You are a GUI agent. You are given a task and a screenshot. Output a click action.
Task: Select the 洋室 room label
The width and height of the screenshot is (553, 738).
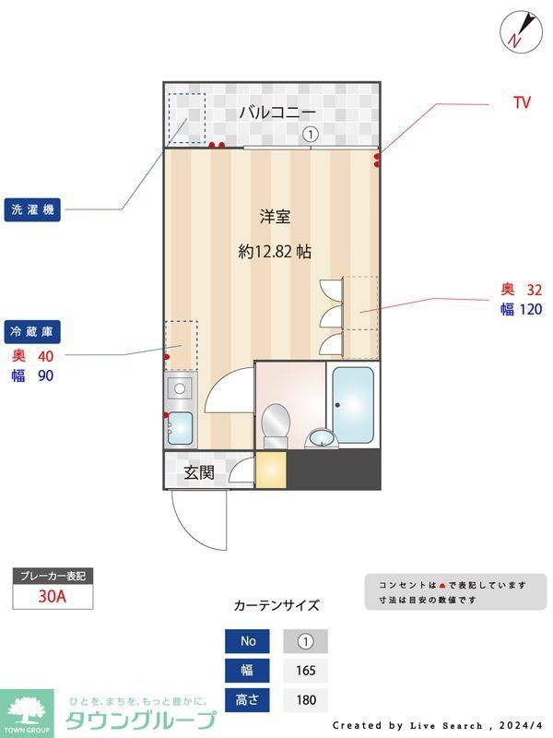(275, 217)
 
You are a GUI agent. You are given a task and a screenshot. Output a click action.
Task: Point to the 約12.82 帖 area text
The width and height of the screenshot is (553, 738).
(275, 251)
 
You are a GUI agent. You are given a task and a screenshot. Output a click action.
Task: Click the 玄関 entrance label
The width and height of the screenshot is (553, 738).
(198, 473)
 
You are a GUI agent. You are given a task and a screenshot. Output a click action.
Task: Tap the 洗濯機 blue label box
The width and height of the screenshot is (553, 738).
(33, 209)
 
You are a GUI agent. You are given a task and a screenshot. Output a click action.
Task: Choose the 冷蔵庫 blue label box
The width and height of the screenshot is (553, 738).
(33, 331)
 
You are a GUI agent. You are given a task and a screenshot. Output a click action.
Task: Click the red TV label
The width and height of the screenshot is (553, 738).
(522, 103)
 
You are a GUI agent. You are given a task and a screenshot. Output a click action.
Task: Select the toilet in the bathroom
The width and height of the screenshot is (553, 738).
(276, 425)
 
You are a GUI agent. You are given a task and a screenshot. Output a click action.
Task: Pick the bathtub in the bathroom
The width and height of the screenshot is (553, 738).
(353, 404)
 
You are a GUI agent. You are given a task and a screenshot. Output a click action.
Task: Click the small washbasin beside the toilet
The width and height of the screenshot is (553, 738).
(320, 437)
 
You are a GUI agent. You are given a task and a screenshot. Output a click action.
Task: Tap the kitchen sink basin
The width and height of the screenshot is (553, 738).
(181, 428)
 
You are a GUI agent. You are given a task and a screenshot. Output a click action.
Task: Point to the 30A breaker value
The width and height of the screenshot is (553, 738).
(53, 596)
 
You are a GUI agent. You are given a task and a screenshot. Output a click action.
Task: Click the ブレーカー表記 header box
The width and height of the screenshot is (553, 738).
(53, 577)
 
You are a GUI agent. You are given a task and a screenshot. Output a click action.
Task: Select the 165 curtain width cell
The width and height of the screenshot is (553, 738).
(305, 671)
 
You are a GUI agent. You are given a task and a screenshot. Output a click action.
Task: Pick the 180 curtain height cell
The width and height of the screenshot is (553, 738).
(305, 700)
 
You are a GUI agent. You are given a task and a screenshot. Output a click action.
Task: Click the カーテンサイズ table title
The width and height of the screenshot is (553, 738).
(276, 606)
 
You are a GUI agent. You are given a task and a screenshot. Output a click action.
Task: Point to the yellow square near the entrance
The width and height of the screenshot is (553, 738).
(271, 470)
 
